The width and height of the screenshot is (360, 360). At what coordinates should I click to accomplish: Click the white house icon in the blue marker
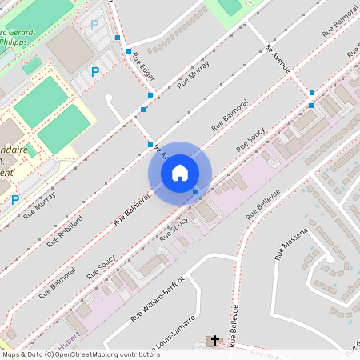tap(180, 173)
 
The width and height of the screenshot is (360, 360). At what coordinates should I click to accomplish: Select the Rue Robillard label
tap(65, 230)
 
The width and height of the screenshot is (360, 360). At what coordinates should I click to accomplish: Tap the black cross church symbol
tap(214, 341)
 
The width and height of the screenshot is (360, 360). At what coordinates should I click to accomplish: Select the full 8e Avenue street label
tap(278, 57)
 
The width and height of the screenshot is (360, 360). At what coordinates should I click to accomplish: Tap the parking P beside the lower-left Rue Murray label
tap(14, 199)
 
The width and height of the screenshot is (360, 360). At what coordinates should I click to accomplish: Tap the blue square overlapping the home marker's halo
tap(195, 191)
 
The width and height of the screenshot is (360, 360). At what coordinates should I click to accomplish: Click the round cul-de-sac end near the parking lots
tap(109, 99)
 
